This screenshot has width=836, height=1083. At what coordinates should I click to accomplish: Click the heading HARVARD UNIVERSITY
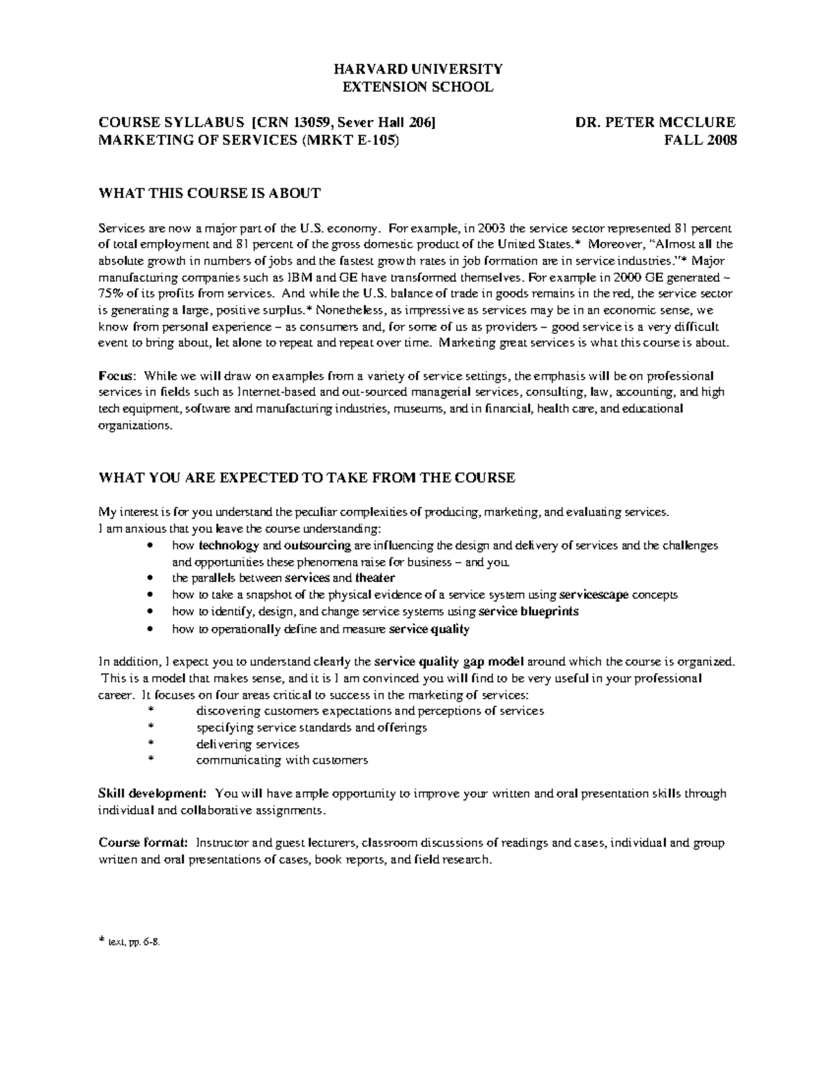(417, 69)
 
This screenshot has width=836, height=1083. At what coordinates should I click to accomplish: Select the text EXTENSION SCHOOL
(417, 87)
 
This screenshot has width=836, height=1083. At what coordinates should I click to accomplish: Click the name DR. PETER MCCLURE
(656, 123)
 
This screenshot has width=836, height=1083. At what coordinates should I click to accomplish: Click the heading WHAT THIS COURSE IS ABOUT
(210, 193)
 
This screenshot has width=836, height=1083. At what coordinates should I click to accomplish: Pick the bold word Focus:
(116, 376)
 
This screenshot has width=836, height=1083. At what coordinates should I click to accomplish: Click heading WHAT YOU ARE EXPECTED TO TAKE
(307, 478)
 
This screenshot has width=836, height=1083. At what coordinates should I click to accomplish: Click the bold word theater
(375, 578)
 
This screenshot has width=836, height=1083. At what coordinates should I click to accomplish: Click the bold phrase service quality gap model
(449, 661)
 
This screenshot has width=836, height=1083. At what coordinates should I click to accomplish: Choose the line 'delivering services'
(247, 744)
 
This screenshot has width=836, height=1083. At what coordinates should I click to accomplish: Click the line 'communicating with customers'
(281, 760)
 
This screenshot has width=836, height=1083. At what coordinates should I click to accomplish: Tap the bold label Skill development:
(152, 794)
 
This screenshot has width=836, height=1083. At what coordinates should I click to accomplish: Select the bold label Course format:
(142, 843)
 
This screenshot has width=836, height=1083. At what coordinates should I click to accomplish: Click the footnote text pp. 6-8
(135, 942)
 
